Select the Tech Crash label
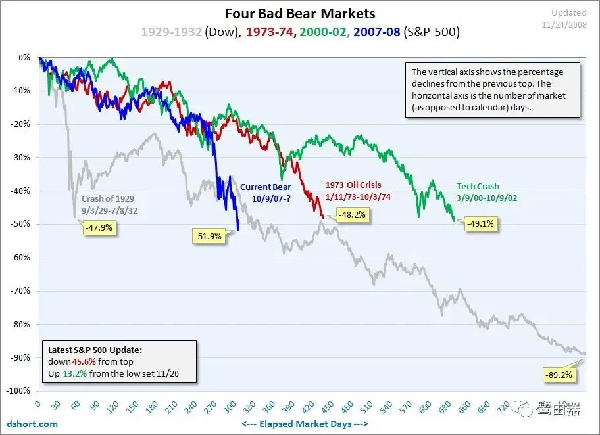coord(478,186)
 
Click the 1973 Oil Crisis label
coord(353,185)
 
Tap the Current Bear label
coord(265,187)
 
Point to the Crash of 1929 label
coord(109,198)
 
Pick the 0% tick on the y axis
coord(24,57)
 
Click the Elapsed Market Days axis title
coord(305,424)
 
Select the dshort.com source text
coord(33,424)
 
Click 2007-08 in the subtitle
coord(376,32)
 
